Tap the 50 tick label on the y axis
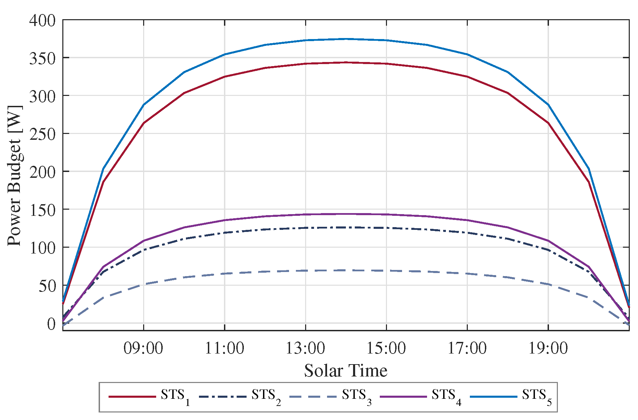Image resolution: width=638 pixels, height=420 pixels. pos(47,286)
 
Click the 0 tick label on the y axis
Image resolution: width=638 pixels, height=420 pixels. pos(51,324)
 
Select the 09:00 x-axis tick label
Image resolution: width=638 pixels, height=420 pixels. pos(143,348)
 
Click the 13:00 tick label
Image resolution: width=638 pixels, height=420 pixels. pos(305,348)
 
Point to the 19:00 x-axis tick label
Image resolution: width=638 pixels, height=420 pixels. pos(548,348)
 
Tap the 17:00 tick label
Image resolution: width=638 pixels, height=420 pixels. pos(467,348)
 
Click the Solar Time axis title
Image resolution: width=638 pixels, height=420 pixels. pos(346,371)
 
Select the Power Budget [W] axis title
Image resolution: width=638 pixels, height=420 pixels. pos(14,175)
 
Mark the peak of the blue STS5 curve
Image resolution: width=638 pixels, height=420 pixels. pos(346,39)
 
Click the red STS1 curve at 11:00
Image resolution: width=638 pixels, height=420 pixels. pos(224,77)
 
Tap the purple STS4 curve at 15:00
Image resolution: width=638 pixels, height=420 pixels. pos(386,214)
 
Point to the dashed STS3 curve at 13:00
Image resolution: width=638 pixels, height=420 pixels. pos(305,271)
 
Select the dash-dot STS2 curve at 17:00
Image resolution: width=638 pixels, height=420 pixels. pos(467,233)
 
